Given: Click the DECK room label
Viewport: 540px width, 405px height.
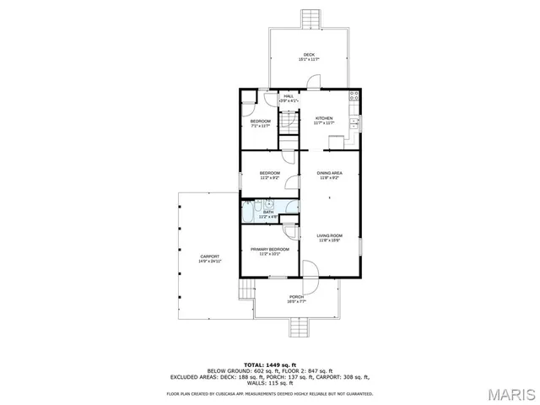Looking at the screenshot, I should click(310, 55).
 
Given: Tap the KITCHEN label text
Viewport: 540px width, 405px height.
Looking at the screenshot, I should click(324, 118).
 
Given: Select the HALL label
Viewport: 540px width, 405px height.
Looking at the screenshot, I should click(289, 96).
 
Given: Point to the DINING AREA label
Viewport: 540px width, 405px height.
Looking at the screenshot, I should click(329, 173).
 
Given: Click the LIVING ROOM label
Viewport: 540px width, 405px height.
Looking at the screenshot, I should click(329, 235).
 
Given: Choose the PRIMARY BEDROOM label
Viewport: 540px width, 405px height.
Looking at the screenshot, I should click(270, 249).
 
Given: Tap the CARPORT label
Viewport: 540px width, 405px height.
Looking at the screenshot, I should click(210, 256).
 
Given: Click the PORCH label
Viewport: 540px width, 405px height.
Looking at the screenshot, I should click(296, 297).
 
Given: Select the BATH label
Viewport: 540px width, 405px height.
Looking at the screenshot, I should click(268, 212).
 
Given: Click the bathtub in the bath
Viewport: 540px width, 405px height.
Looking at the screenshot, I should click(251, 212).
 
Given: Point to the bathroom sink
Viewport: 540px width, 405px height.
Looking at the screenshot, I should click(268, 203).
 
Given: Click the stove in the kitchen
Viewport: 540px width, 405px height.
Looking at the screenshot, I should click(355, 96).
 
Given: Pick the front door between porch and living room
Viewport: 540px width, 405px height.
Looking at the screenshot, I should click(310, 272).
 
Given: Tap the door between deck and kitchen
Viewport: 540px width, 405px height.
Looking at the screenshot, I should click(312, 83).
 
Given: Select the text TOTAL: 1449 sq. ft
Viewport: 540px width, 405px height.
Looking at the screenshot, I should click(269, 364).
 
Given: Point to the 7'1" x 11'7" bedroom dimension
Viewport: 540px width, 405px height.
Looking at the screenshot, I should click(261, 127).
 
